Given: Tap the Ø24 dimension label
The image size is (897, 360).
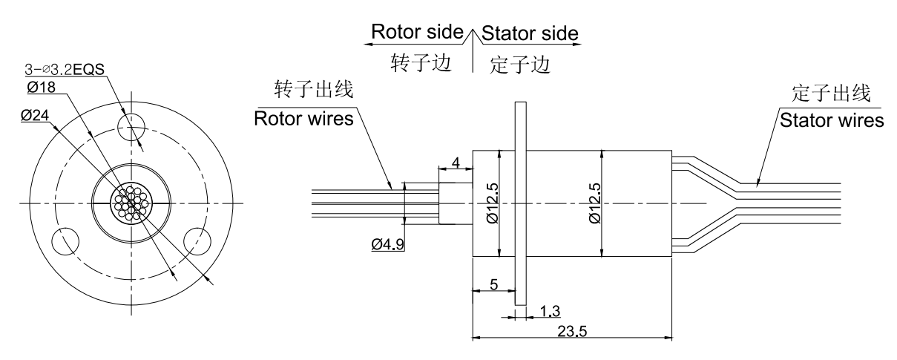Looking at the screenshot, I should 36,116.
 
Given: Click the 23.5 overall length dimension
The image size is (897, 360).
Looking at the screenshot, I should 573,331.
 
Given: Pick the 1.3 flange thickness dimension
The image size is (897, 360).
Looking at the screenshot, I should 550,310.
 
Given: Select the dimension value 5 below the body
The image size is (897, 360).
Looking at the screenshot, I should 493,284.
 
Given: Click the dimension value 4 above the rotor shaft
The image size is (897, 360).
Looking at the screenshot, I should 456,161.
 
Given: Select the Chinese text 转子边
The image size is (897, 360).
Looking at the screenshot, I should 421,62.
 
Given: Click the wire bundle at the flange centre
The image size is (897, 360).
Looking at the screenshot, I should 131,202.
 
